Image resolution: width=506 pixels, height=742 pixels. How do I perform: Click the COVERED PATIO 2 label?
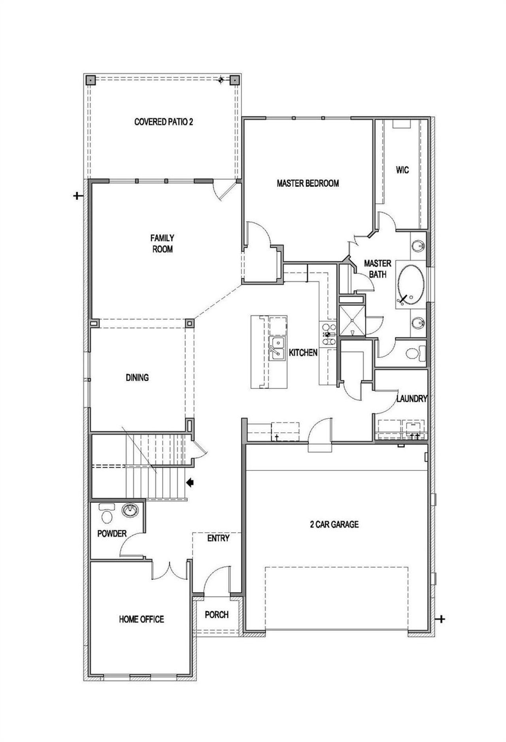(x=164, y=122)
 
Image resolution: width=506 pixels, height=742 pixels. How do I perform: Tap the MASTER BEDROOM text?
(x=308, y=183)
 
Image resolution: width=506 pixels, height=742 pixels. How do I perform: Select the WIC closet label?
(x=402, y=170)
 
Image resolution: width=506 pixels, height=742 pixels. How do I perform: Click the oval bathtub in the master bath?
(x=411, y=284)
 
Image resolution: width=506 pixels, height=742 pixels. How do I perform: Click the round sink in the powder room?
(x=130, y=511)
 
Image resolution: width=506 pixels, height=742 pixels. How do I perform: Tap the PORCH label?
(x=217, y=615)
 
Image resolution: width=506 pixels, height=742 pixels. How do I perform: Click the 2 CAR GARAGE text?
(x=334, y=524)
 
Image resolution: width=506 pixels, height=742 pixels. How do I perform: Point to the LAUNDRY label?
(x=412, y=399)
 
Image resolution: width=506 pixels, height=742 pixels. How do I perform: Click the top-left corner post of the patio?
(x=91, y=80)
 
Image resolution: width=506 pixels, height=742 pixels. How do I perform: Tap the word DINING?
(x=137, y=377)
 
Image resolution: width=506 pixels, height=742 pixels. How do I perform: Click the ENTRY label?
(x=218, y=538)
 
